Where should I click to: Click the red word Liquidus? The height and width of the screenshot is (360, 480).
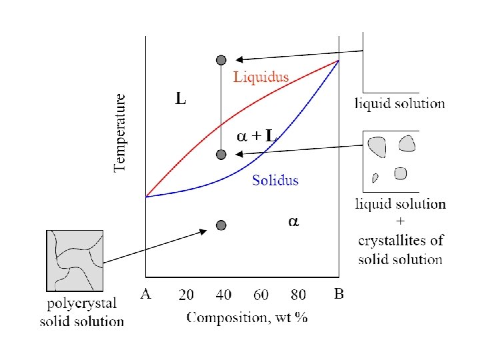click(x=261, y=77)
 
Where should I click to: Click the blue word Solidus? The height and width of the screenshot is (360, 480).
click(x=275, y=180)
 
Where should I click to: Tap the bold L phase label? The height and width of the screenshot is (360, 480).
click(x=181, y=100)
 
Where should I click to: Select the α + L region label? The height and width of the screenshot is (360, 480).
click(x=256, y=136)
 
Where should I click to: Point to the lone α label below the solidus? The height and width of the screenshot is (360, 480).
click(x=293, y=221)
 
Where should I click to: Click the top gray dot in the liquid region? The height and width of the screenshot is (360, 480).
click(x=221, y=60)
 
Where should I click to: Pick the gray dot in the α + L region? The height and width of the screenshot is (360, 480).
click(x=221, y=155)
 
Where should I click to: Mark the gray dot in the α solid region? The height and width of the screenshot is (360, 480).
click(x=221, y=226)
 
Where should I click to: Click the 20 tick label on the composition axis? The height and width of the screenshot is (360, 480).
click(x=187, y=294)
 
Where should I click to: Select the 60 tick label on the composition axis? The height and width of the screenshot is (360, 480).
click(x=261, y=294)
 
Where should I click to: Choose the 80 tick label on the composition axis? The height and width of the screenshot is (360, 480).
click(x=298, y=294)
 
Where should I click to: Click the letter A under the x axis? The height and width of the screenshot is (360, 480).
click(x=145, y=294)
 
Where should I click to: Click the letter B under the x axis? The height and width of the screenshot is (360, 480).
click(x=339, y=294)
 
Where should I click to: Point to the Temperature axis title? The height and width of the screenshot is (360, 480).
click(x=121, y=132)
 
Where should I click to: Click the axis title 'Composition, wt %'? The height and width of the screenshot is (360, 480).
click(x=247, y=317)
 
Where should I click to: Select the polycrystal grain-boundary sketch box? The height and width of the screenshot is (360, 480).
click(x=75, y=260)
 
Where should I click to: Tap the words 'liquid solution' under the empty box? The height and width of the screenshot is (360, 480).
click(x=399, y=103)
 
